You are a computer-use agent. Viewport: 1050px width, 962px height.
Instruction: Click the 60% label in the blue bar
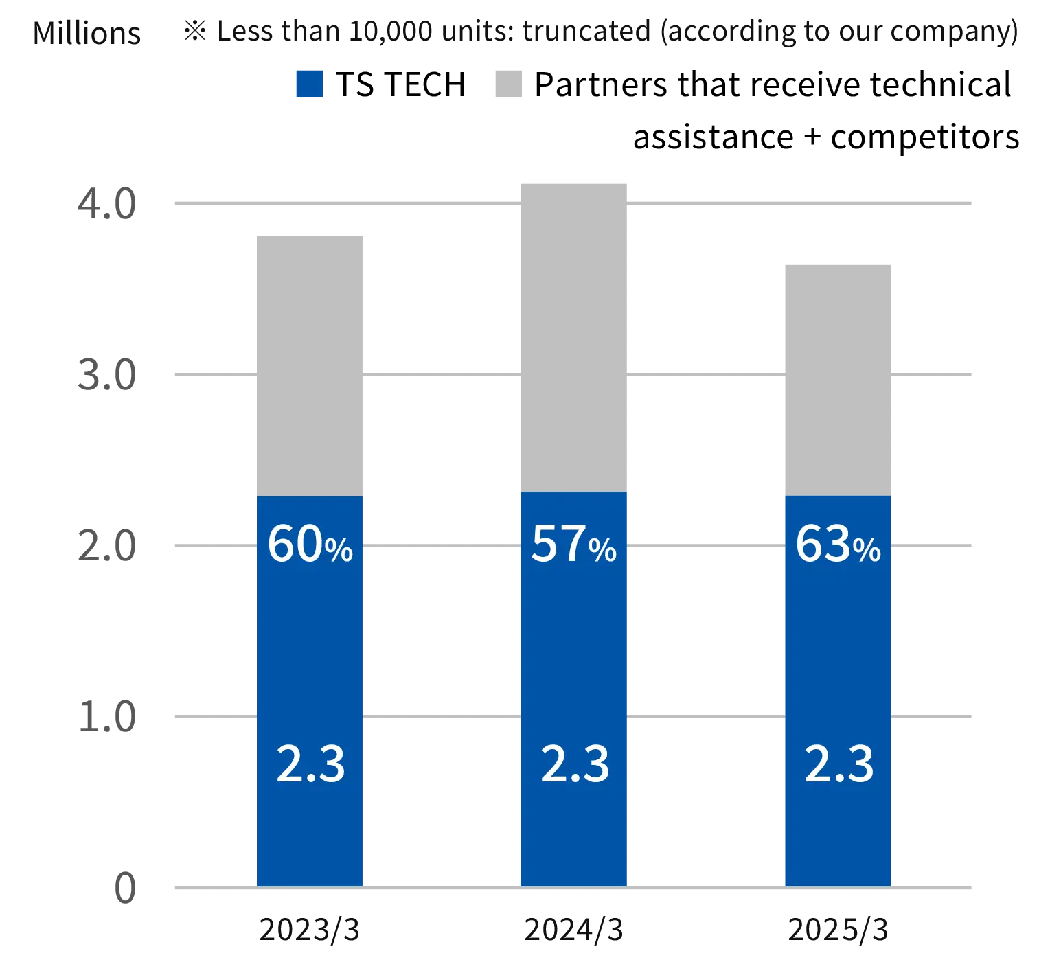pos(310,545)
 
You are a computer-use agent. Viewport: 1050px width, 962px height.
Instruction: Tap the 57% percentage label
pos(573,545)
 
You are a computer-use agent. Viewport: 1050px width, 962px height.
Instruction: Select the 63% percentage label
pos(838,545)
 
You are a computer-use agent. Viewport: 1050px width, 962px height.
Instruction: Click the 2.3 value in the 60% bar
pos(310,764)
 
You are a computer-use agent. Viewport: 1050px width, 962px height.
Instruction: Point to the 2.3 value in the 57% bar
pos(575,764)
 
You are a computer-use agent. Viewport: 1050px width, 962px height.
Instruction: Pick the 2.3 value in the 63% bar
pos(838,764)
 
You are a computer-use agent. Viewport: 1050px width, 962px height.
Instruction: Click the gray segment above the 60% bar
pos(308,363)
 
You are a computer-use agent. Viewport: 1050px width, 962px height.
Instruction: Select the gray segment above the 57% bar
pos(573,336)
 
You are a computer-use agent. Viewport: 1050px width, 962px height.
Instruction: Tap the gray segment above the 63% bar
pos(838,378)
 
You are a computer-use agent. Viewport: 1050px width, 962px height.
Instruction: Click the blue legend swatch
pos(307,83)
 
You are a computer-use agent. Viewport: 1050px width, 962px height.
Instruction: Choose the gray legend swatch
pos(508,83)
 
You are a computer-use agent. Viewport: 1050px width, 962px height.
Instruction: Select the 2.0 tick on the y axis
pos(107,546)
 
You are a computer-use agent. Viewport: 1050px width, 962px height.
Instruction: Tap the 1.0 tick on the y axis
pos(107,717)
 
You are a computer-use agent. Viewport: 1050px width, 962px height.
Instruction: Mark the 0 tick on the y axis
pos(126,887)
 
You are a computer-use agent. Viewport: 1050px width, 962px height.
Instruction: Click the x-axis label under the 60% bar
pos(309,932)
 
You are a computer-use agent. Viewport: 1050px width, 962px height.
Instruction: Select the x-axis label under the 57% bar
pos(573,932)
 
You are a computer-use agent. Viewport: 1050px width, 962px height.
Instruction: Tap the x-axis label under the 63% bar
pos(838,932)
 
